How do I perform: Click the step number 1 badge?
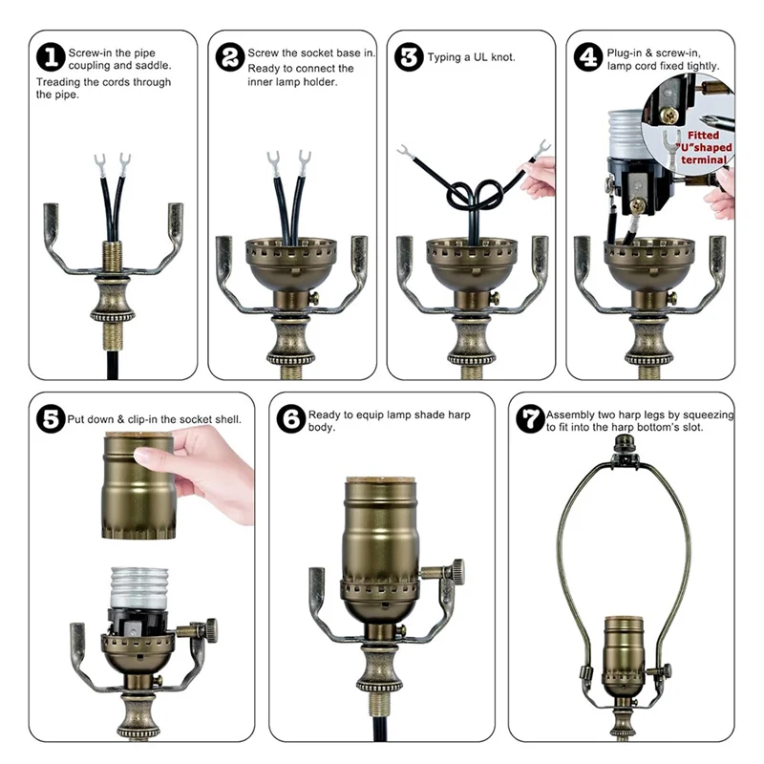point(51,57)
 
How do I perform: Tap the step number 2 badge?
point(230,57)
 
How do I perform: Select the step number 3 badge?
point(409,57)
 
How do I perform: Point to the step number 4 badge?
point(588,57)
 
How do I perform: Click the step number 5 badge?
point(51,419)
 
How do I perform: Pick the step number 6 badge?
point(291,419)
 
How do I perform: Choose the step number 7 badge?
point(530,419)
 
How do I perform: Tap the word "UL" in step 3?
point(480,57)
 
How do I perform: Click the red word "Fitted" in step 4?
point(703,135)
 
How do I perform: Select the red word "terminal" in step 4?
point(704,159)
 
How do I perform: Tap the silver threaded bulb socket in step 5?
point(139,587)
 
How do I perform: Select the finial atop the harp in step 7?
point(622,443)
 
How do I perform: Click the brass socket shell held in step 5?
point(138,485)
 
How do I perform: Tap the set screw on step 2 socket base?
point(314,298)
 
